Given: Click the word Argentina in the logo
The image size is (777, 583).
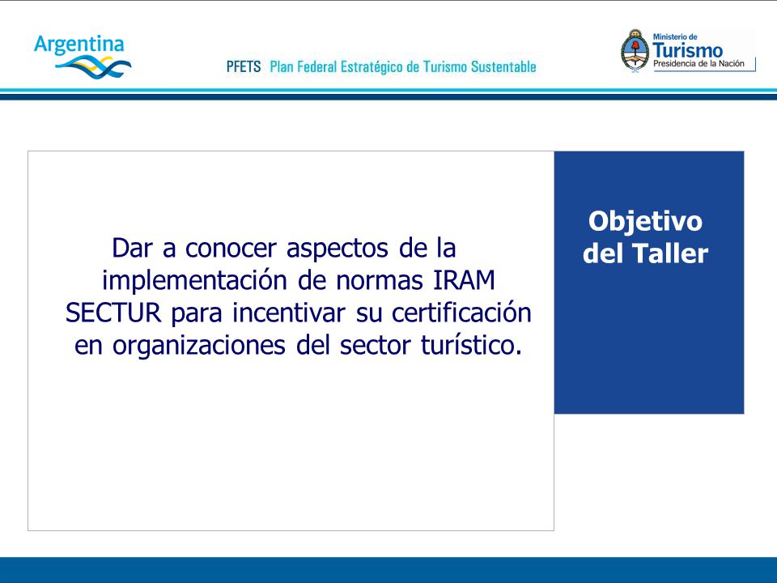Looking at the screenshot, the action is point(79,45).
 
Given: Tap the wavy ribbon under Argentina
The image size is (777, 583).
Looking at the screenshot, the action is point(93,67).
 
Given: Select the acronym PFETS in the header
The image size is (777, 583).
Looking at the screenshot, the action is point(244,66).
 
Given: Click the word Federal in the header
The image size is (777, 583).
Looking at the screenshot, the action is point(316,66).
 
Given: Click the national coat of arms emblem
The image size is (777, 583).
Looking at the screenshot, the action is point(635,51).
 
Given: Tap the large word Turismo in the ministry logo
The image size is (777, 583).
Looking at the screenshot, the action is point(687,50).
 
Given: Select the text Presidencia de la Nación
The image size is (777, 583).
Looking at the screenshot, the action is point(698,63).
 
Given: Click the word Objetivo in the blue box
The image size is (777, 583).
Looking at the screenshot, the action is point(645,221).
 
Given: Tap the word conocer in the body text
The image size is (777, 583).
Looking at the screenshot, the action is point(231,249).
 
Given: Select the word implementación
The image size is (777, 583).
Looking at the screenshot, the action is point(195,281).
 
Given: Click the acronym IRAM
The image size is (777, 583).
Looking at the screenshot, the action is point(465,281).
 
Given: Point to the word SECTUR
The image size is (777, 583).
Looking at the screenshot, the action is point(113,313).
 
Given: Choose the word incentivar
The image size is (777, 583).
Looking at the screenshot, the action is point(289,313).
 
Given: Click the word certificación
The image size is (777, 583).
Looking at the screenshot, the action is point(461,313).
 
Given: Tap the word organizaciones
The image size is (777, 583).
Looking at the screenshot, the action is point(199,346).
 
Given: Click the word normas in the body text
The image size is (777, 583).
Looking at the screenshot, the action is point(380,281).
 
